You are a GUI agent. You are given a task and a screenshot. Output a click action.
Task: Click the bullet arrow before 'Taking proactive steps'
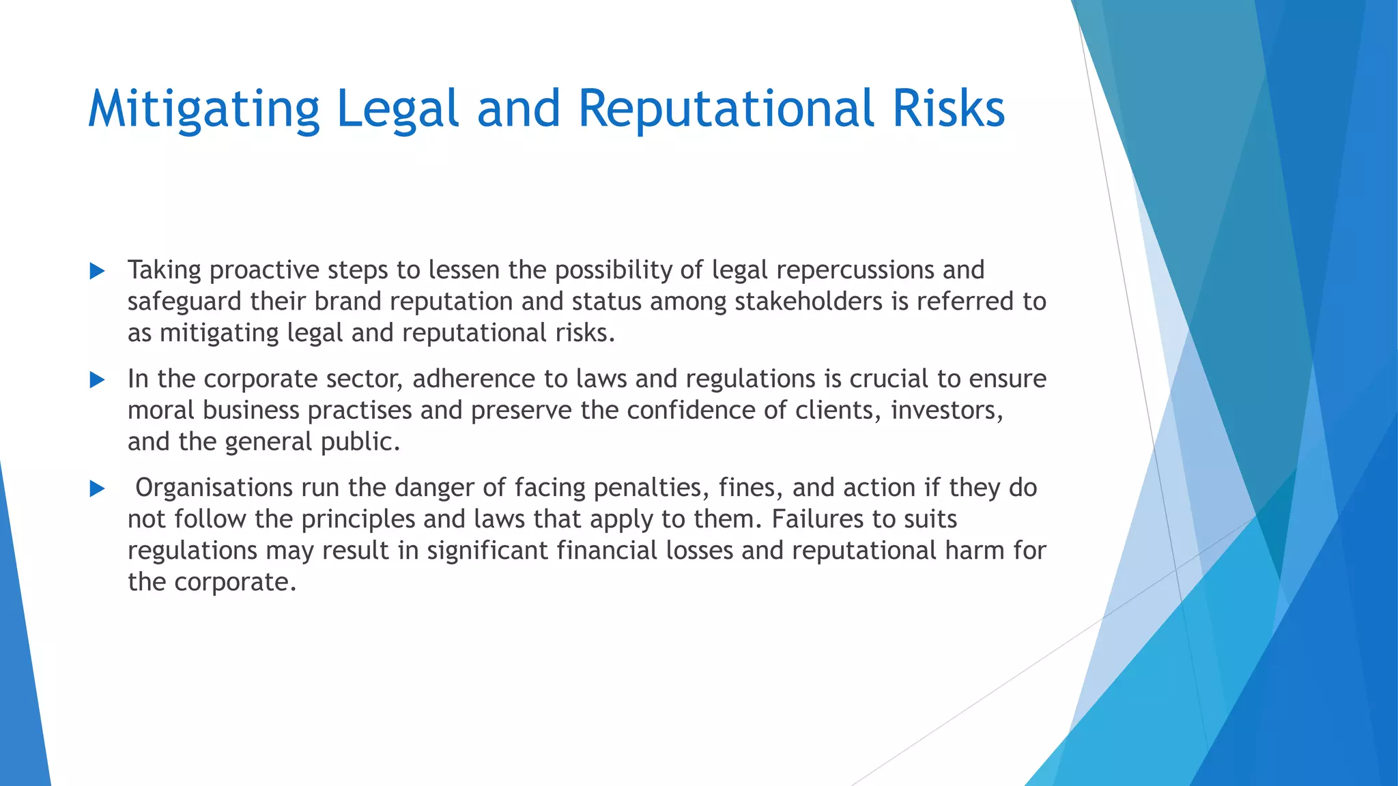[97, 272]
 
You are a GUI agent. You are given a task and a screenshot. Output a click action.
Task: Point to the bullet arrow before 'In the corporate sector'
[97, 380]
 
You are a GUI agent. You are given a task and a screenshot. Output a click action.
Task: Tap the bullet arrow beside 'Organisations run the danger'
[97, 489]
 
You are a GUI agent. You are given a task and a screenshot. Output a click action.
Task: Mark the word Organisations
[214, 488]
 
